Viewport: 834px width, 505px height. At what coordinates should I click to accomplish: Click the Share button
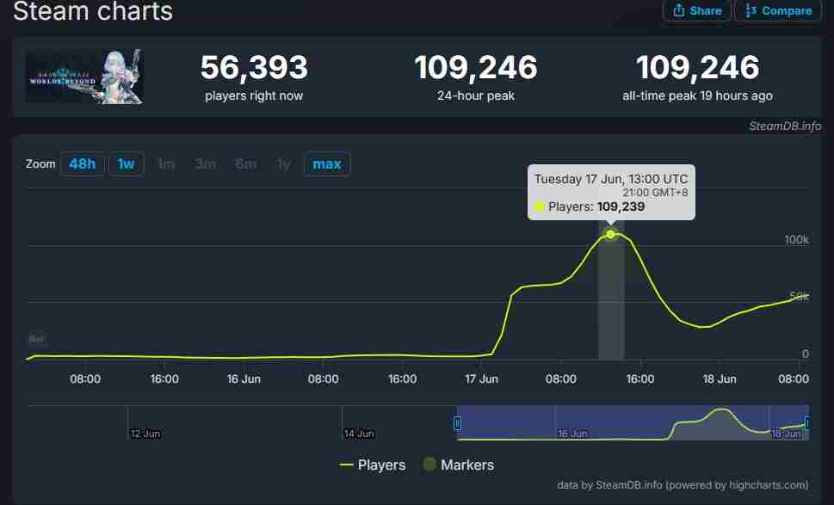(x=697, y=10)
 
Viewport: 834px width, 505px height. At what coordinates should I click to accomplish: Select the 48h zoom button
(x=83, y=163)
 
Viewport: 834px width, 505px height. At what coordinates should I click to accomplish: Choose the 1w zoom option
(x=126, y=163)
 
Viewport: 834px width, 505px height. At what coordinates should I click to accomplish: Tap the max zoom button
(x=327, y=163)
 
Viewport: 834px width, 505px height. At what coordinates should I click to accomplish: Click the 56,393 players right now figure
(x=254, y=68)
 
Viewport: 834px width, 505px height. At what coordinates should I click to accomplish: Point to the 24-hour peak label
(x=476, y=95)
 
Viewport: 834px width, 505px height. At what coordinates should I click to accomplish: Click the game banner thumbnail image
(x=84, y=77)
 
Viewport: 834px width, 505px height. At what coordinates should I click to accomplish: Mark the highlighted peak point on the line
(x=611, y=234)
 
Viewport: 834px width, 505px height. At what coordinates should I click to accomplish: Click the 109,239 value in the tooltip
(x=621, y=206)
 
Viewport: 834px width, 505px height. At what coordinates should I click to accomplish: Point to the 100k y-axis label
(x=796, y=239)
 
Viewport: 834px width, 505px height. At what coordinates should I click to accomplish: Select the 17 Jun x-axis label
(x=482, y=379)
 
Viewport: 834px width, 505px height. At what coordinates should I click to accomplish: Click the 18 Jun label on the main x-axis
(x=720, y=379)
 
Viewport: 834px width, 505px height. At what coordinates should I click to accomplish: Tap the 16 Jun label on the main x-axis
(x=244, y=379)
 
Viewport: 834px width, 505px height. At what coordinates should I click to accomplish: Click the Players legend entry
(x=373, y=465)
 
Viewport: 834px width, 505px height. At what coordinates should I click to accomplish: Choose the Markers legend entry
(x=459, y=465)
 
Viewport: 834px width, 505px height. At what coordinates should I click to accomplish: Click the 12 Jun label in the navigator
(x=145, y=434)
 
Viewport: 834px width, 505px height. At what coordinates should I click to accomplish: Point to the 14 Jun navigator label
(x=358, y=434)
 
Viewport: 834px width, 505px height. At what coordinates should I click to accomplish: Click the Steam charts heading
(x=93, y=12)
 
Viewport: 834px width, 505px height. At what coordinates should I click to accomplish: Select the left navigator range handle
(x=457, y=422)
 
